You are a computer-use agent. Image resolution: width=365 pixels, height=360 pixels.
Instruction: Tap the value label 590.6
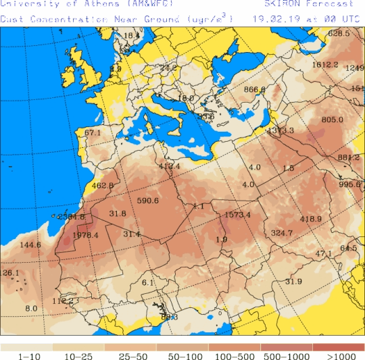click(x=147, y=201)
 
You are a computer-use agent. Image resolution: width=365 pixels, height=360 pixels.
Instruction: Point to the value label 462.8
click(x=103, y=185)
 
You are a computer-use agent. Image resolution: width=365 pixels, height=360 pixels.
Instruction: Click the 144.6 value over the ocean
click(x=30, y=245)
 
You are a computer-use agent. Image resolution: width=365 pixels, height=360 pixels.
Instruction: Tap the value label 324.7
click(x=281, y=233)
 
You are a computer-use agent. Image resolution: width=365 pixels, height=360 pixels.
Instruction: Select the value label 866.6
click(x=255, y=89)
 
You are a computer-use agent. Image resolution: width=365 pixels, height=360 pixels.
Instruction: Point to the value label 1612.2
click(x=325, y=65)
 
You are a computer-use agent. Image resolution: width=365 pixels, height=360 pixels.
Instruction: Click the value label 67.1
click(x=93, y=132)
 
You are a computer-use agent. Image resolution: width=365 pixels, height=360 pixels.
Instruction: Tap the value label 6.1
click(x=148, y=282)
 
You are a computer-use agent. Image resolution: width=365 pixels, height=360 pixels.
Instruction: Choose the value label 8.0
click(x=31, y=308)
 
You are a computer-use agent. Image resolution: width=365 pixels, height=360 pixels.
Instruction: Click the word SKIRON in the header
click(x=281, y=5)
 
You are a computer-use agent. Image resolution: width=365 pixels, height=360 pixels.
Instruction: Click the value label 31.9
click(x=293, y=282)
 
